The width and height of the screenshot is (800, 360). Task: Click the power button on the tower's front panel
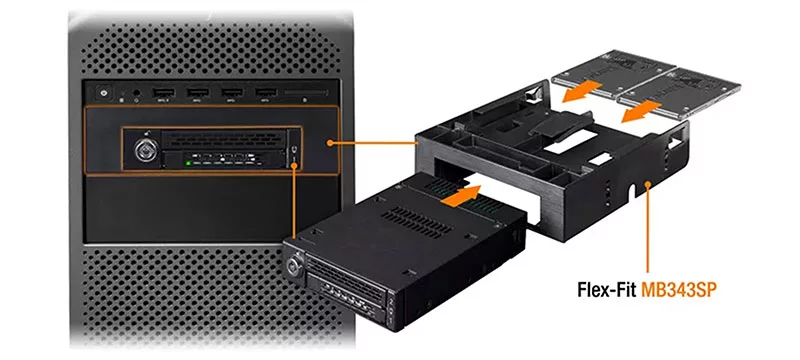pos(104,93)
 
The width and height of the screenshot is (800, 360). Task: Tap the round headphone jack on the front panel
pos(136,93)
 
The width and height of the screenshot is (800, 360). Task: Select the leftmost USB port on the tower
pos(163,92)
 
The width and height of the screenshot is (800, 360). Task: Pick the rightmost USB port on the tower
pos(266,92)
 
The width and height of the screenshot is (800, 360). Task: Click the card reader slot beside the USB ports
pos(306,93)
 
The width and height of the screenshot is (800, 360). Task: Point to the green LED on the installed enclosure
pos(188,163)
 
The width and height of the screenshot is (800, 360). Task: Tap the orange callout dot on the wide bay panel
pos(331,143)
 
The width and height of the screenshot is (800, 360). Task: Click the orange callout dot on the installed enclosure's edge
pos(295,165)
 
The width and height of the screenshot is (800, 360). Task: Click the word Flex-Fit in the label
pos(606,290)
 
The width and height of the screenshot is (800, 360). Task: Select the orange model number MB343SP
pos(679,290)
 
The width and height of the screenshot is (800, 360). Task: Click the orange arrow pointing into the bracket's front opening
pos(460,196)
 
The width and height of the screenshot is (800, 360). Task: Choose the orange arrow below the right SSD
pos(641,112)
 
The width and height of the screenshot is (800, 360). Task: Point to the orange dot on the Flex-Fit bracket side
pos(648,184)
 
